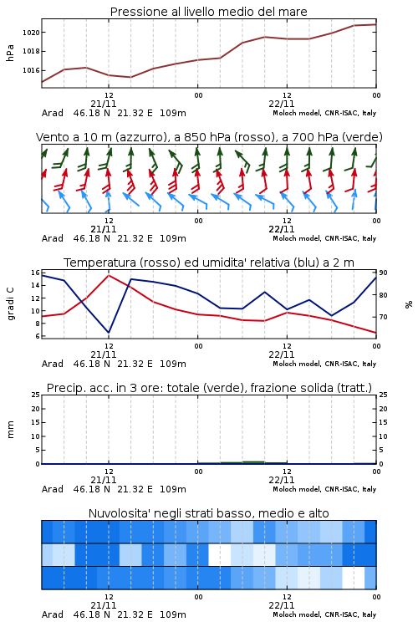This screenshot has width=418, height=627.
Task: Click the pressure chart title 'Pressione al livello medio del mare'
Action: click(208, 12)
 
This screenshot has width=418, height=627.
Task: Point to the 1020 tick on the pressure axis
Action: click(31, 33)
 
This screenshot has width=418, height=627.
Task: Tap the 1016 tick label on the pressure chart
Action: click(31, 70)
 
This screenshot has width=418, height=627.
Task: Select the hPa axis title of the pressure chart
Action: click(10, 54)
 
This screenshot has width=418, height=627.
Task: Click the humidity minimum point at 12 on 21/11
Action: click(109, 332)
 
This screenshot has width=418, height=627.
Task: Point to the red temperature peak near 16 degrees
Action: click(109, 275)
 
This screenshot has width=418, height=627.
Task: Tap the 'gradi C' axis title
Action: click(10, 304)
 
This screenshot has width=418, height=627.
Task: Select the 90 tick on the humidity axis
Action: click(383, 273)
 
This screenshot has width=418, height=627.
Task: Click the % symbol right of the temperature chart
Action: click(409, 304)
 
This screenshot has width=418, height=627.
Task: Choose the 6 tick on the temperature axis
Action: click(37, 336)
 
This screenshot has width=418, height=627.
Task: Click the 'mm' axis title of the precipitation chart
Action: click(10, 430)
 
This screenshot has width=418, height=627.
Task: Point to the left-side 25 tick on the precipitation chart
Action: click(36, 395)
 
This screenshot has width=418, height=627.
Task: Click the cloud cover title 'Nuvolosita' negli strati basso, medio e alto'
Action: click(208, 513)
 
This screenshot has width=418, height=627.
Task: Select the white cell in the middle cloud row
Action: click(220, 554)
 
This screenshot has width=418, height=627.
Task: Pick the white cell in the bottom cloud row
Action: click(354, 578)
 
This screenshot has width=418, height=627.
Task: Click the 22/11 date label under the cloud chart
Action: click(282, 605)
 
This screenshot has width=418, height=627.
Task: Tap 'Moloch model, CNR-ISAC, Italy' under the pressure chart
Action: click(324, 113)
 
